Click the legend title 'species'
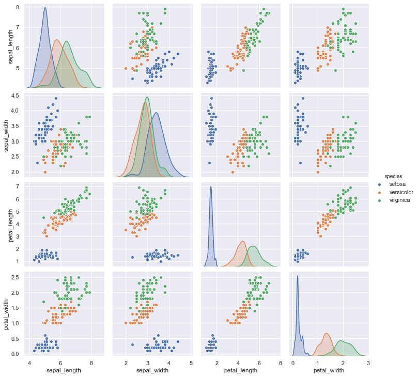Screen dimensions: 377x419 (x=393, y=176)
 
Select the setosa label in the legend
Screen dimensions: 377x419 (x=397, y=184)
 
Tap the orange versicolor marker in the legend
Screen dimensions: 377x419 (x=380, y=192)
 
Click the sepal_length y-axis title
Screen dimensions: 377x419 (x=11, y=46)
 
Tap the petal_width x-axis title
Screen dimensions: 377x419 (x=329, y=371)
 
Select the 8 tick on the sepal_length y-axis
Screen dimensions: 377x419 (x=18, y=7)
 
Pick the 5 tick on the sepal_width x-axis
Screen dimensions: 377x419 (x=191, y=363)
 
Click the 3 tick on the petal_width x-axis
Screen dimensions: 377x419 (x=368, y=363)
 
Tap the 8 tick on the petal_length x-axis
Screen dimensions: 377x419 (x=281, y=363)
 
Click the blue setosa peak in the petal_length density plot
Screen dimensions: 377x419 (x=211, y=187)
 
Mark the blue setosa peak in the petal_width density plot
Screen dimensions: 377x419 (x=298, y=276)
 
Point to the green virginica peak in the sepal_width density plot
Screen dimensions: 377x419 (x=148, y=97)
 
